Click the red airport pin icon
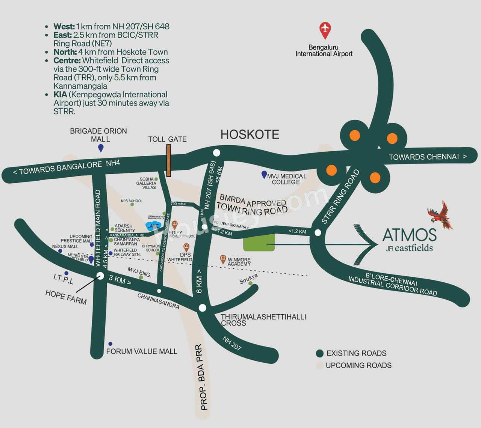pos(325,29)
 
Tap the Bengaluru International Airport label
pos(324,51)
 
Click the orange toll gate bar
pos(169,160)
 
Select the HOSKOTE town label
pos(250,134)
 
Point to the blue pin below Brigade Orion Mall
pos(101,148)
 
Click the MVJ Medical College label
pos(286,179)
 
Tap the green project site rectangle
pos(259,243)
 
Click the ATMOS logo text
pos(409,235)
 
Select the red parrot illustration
pos(440,215)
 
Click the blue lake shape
pos(153,226)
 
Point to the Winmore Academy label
pos(239,262)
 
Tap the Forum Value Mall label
pos(142,351)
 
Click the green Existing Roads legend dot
pos(320,353)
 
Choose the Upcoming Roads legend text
pos(358,365)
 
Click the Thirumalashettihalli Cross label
pos(263,320)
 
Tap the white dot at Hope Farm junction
pos(100,276)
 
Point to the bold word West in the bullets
pos(64,26)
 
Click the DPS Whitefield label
pos(180,257)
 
